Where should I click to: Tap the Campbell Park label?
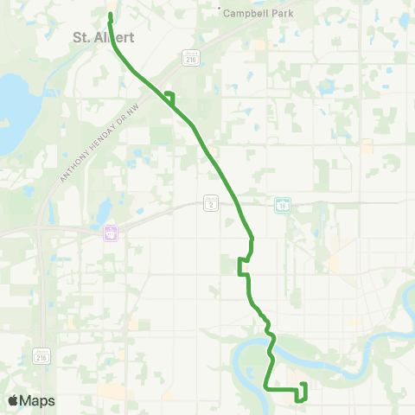[x=259, y=14]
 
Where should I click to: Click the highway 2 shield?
[x=210, y=202]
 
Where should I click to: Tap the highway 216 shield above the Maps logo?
[x=41, y=355]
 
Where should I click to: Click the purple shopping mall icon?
[x=110, y=233]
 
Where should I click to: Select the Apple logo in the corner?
[x=13, y=400]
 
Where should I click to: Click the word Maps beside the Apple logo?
[x=37, y=400]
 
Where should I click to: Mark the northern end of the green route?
[x=111, y=15]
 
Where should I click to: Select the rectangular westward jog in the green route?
[x=241, y=266]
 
